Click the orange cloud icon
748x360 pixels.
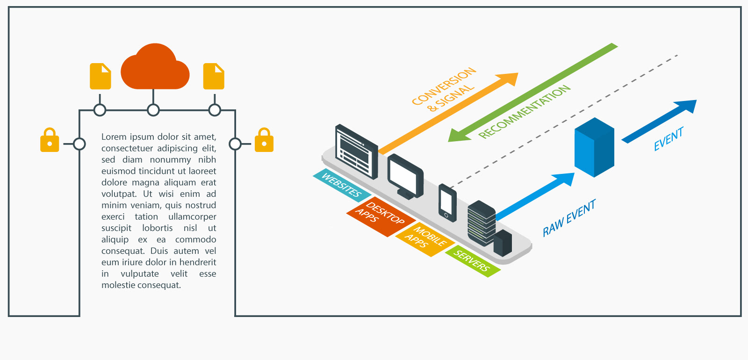155,68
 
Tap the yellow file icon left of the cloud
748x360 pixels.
101,76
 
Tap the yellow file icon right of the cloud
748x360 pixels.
214,76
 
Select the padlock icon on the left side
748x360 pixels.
50,140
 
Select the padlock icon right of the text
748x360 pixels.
264,140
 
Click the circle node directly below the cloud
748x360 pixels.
153,110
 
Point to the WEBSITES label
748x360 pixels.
342,185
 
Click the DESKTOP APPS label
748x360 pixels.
381,216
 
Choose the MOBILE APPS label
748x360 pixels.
424,239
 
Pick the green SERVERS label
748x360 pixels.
472,261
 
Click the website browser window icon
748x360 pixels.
357,152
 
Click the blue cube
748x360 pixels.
594,147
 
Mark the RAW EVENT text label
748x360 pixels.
569,218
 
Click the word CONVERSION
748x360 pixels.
444,86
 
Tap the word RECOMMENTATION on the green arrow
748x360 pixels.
525,112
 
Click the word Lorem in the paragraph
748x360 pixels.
114,137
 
